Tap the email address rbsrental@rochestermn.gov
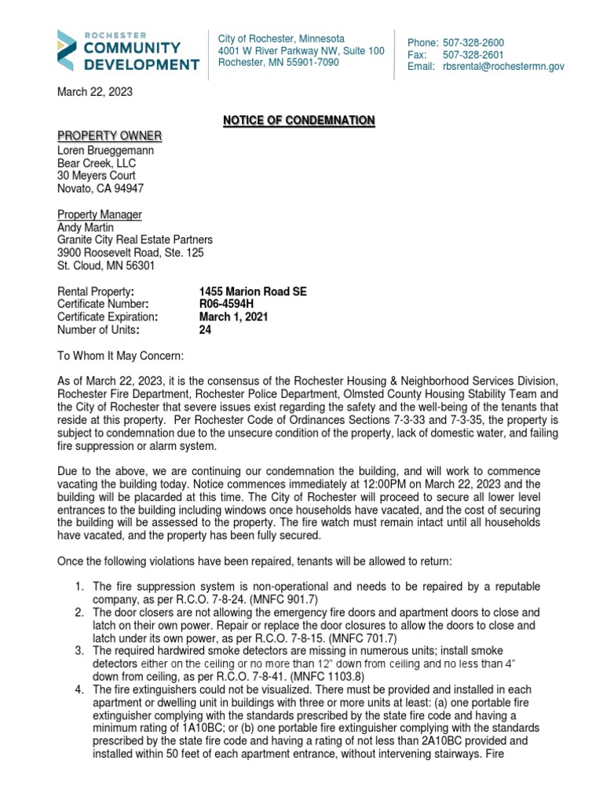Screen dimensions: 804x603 (503, 68)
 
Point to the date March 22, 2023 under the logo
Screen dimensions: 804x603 (95, 92)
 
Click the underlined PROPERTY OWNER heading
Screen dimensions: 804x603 (109, 137)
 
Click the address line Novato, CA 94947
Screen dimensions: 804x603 (100, 188)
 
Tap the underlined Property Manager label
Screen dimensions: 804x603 (100, 214)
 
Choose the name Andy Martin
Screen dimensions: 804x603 (86, 227)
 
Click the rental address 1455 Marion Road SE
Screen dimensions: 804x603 (253, 291)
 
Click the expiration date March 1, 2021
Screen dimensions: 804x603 (234, 317)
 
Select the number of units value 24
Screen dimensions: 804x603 (206, 330)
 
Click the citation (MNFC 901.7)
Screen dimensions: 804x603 (269, 600)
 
